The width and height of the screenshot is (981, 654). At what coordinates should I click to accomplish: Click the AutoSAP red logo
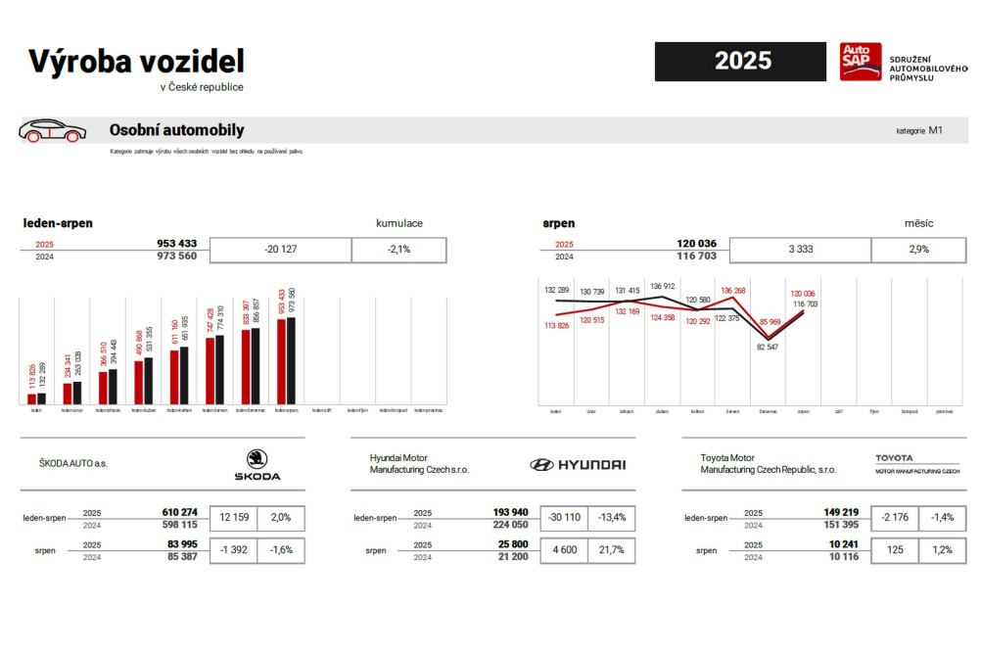(860, 62)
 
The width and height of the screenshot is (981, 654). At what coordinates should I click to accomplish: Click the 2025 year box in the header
(742, 61)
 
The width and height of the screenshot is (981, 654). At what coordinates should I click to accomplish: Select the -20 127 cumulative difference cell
(281, 250)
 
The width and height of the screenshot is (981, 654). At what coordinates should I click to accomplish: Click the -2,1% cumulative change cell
(398, 250)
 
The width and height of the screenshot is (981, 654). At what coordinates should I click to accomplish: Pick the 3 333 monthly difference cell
(800, 250)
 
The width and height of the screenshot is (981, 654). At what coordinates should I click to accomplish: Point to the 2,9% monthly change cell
(919, 250)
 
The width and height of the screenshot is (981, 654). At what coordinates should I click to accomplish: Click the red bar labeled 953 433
(282, 361)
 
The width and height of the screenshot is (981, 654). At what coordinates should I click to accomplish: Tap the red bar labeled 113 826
(32, 398)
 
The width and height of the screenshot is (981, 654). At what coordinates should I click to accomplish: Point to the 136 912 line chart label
(663, 286)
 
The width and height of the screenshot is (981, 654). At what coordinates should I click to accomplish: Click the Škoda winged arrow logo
(257, 458)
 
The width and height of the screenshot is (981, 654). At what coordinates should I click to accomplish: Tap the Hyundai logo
(578, 465)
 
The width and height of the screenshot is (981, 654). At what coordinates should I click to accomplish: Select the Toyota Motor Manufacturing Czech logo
(916, 464)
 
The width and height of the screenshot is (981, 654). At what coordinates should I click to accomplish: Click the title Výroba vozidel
(136, 61)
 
